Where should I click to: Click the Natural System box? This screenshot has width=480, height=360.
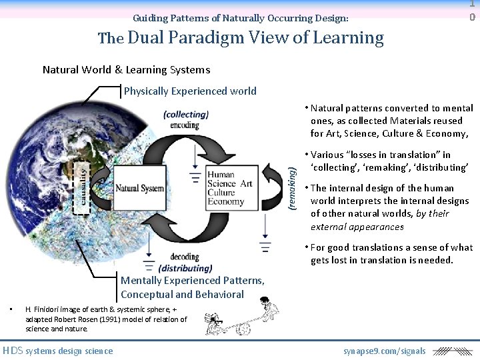click(x=139, y=188)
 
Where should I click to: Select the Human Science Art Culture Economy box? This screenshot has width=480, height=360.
click(x=230, y=188)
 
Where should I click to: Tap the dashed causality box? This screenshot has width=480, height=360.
click(x=80, y=188)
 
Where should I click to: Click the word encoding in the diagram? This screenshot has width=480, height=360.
click(x=185, y=125)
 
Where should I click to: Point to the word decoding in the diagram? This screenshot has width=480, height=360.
click(x=185, y=257)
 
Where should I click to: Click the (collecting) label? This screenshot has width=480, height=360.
click(x=186, y=114)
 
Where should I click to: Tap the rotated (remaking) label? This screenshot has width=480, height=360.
click(x=291, y=188)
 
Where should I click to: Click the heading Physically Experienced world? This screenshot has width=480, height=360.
click(x=190, y=91)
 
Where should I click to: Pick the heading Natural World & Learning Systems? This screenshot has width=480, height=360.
click(x=126, y=69)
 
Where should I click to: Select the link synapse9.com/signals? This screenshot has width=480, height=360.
click(x=385, y=351)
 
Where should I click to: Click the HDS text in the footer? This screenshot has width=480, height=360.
click(x=13, y=351)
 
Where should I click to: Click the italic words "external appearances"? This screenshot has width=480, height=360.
click(x=357, y=227)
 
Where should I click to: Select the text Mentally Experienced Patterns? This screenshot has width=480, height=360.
click(x=193, y=281)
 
